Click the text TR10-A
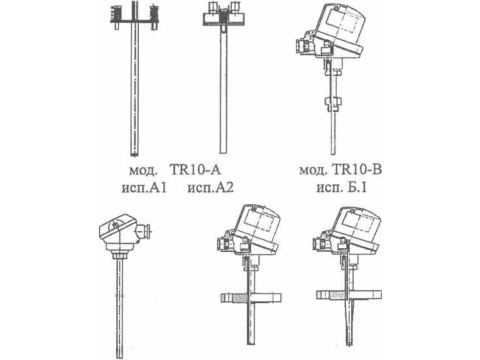click(196, 170)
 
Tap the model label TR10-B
click(357, 170)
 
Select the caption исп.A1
click(144, 188)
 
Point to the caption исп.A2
click(211, 188)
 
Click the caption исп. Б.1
click(342, 187)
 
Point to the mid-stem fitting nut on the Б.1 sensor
click(332, 104)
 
